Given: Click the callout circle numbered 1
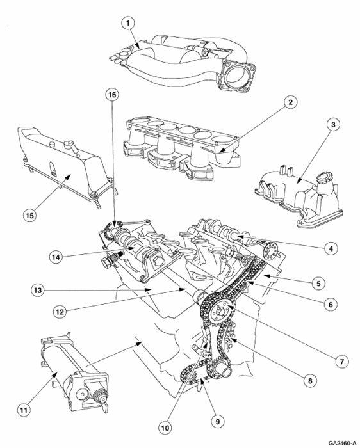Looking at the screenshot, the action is point(128,24).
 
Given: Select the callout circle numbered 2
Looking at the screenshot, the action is point(290,102).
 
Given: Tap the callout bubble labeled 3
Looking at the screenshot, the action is point(332,124).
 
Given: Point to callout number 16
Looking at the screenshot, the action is point(112,94).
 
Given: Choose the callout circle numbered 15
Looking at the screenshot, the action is point(29,215).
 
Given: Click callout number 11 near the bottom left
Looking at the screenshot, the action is point(24,410).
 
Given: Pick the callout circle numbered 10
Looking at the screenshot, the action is point(165,428).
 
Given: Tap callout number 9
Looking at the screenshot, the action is point(218,421).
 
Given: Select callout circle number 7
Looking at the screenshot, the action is point(342,362).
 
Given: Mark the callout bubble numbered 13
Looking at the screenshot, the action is point(38,291).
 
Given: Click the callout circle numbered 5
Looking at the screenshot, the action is point(318,284).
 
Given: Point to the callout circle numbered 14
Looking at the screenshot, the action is point(56,257).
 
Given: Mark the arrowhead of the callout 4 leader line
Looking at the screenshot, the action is point(238,236).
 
